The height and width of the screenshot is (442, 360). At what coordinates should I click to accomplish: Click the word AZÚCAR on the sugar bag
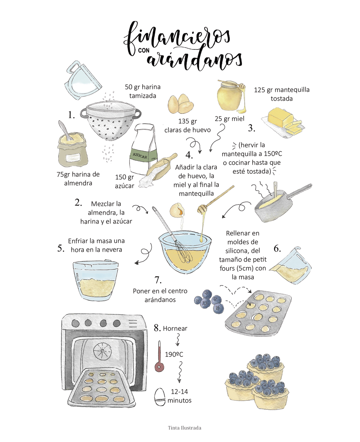[140, 155]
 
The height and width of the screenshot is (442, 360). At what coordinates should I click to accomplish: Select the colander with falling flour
[110, 120]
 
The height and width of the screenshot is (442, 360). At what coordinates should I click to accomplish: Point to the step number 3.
[252, 128]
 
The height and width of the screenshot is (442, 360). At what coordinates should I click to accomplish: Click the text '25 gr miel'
[229, 119]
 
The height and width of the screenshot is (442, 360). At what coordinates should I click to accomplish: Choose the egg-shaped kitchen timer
[160, 397]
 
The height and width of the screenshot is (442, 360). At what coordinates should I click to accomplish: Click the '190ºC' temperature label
[174, 354]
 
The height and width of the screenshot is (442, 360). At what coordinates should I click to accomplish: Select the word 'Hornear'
[175, 329]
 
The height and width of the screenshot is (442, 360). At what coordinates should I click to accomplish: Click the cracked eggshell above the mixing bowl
[177, 211]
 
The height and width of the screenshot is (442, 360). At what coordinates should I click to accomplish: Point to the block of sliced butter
[283, 122]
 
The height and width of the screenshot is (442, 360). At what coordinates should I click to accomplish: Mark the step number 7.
[158, 280]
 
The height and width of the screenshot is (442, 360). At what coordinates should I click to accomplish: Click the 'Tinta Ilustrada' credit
[184, 428]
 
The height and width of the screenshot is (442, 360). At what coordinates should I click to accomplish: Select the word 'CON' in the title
[144, 51]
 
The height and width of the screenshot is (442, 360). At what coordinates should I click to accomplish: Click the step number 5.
[61, 248]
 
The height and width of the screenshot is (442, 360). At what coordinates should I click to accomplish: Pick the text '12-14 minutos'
[179, 396]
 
